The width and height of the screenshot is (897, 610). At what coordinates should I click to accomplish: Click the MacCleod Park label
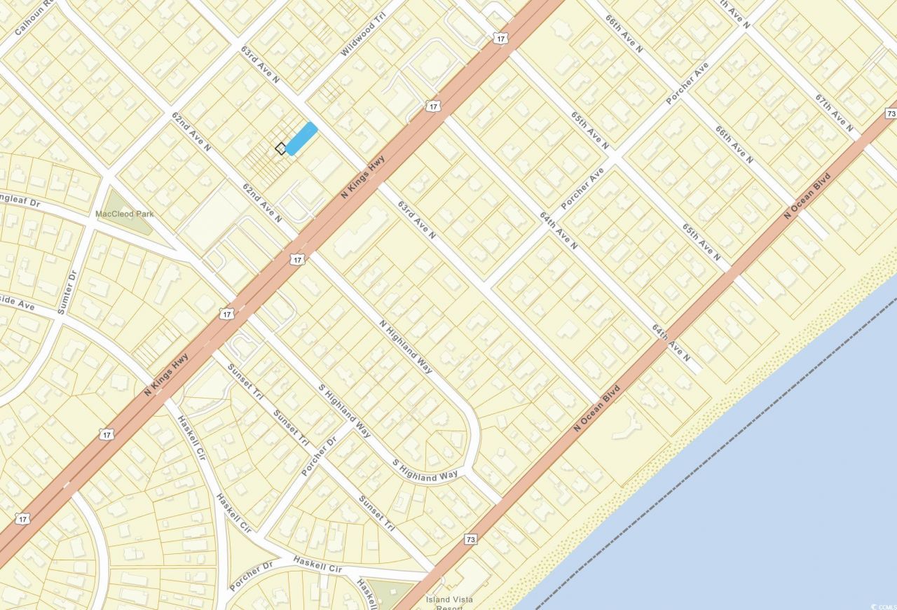tap(125, 214)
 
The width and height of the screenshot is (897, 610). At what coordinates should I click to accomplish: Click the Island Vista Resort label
tap(449, 603)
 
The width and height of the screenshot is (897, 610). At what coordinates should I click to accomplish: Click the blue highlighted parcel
tap(301, 138)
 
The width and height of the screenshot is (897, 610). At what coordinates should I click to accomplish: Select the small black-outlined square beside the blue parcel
tap(280, 148)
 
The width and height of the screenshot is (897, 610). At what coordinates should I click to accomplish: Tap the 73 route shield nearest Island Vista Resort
tap(471, 539)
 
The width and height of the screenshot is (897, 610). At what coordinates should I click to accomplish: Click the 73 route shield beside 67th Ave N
tap(890, 113)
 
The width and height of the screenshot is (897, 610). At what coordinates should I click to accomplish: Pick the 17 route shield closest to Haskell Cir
tap(107, 435)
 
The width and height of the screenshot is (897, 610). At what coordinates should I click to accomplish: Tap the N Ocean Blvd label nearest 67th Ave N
tap(807, 195)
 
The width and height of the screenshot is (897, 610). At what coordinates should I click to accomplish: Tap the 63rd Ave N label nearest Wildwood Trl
tap(260, 65)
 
